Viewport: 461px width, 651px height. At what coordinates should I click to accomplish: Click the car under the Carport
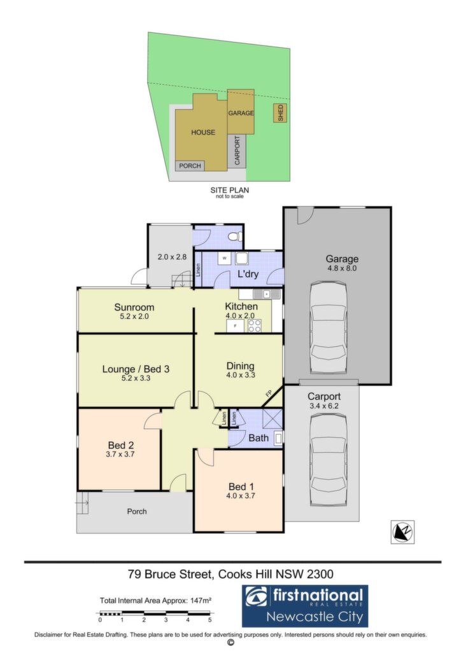pyautogui.click(x=329, y=458)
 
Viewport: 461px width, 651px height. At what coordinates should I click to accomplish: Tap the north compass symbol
pyautogui.click(x=402, y=531)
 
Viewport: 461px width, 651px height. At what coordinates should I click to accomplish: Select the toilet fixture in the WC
pyautogui.click(x=236, y=236)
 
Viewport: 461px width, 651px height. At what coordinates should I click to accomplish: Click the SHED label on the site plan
pyautogui.click(x=280, y=113)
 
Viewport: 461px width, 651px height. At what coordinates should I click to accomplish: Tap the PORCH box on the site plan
pyautogui.click(x=190, y=166)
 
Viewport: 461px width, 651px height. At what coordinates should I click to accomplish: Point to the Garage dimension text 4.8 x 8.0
pyautogui.click(x=342, y=268)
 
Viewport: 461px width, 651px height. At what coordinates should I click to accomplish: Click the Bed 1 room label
pyautogui.click(x=241, y=486)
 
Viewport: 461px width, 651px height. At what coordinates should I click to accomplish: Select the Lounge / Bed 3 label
pyautogui.click(x=136, y=369)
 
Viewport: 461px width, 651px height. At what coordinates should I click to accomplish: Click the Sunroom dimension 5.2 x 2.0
pyautogui.click(x=134, y=317)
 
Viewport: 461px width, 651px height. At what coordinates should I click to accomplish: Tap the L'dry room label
pyautogui.click(x=248, y=273)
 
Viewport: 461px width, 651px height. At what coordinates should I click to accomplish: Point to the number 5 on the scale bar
pyautogui.click(x=210, y=620)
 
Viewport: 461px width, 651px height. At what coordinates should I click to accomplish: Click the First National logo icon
pyautogui.click(x=256, y=596)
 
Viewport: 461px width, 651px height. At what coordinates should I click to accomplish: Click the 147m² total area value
pyautogui.click(x=201, y=600)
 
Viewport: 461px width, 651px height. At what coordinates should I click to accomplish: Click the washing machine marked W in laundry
pyautogui.click(x=225, y=258)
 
